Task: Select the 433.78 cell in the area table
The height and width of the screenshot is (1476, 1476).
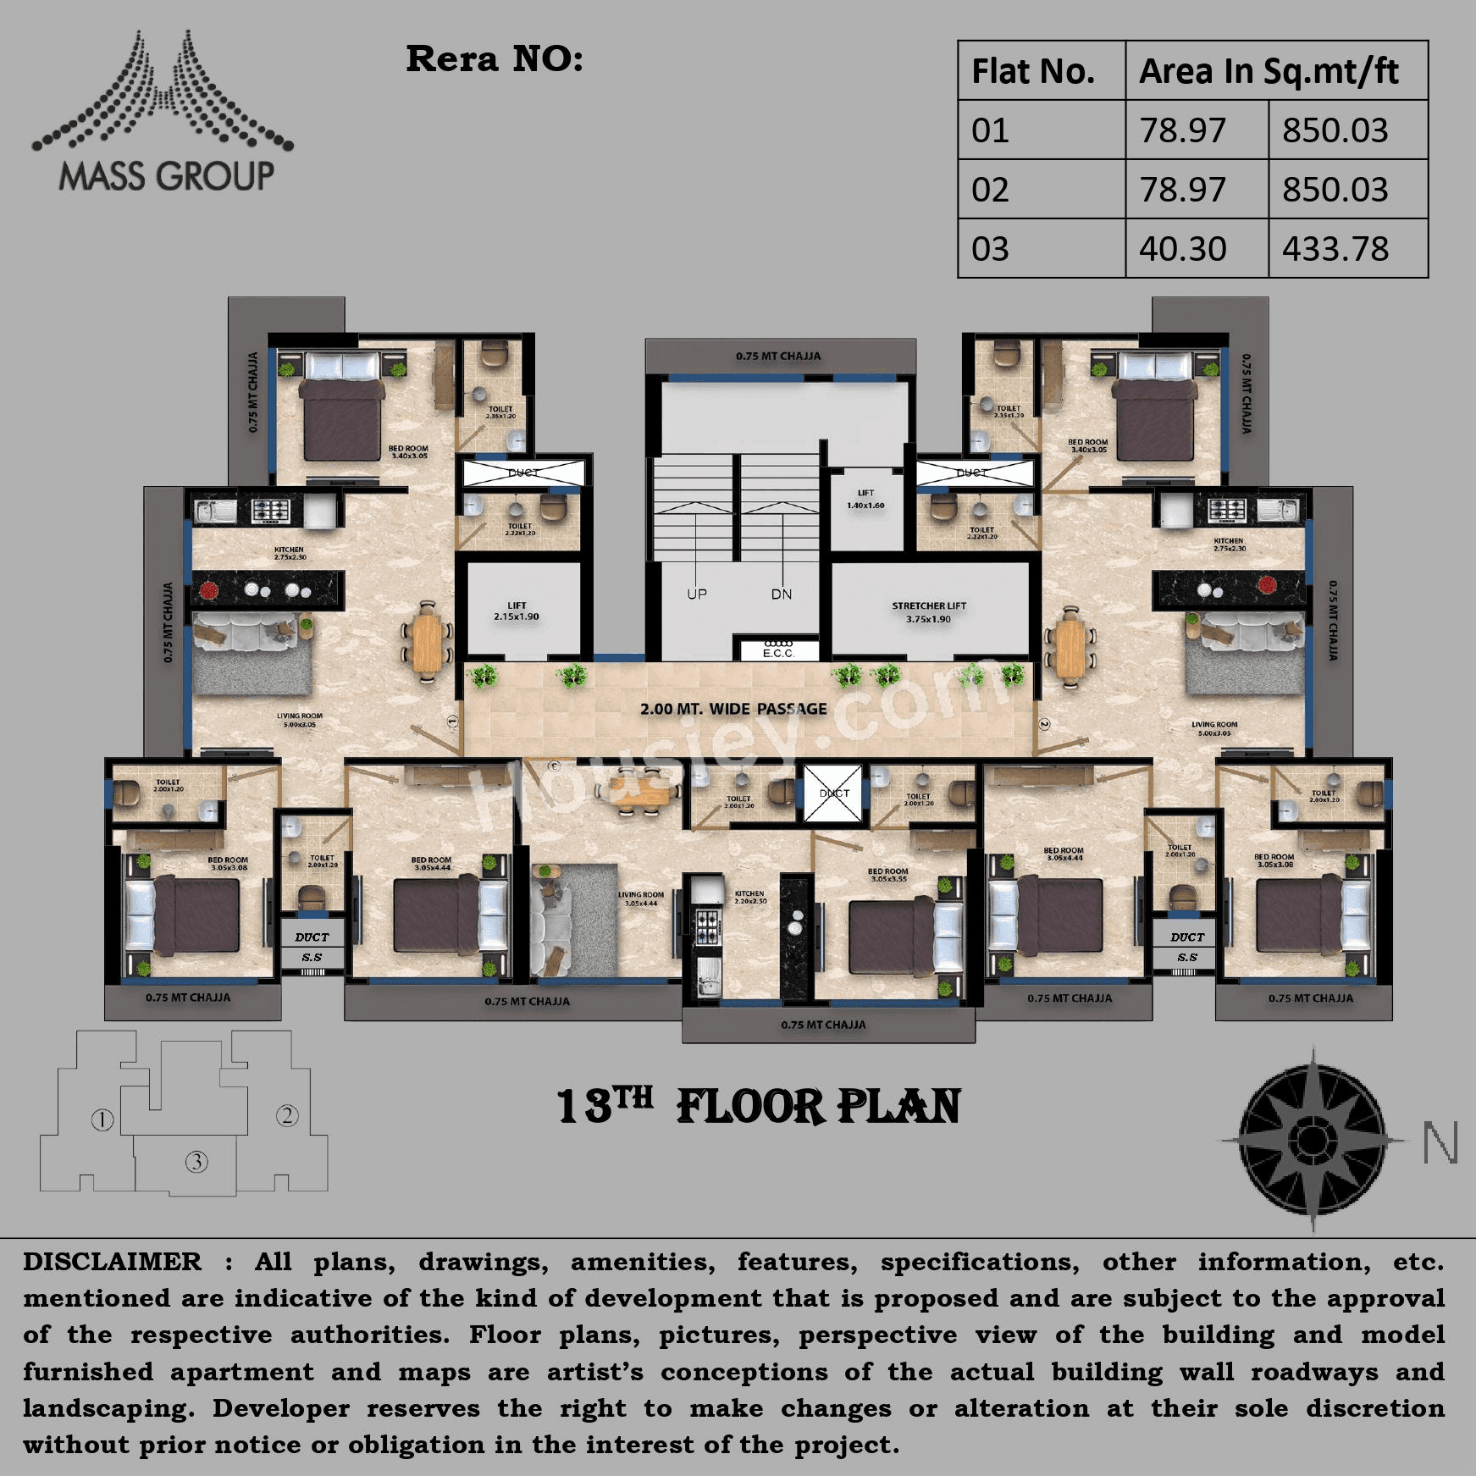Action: pos(1335,249)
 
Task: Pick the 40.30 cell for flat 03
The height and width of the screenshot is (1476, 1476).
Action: pos(1182,249)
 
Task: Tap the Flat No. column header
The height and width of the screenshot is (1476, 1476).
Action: pos(1032,71)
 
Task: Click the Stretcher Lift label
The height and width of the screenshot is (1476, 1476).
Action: pos(928,611)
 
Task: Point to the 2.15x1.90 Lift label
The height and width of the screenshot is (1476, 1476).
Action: pos(517,611)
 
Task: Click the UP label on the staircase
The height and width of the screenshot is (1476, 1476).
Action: pos(696,594)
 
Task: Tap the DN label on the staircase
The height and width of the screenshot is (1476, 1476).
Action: pos(781,594)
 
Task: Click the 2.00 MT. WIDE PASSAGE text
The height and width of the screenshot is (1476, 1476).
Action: pos(733,709)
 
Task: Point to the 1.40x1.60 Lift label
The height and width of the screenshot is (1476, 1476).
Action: pos(865,500)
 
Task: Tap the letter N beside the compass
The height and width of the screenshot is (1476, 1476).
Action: pos(1440,1143)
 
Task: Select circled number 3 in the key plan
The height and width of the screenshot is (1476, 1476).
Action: pos(196,1161)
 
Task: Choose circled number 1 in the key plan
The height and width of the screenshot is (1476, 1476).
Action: pos(102,1119)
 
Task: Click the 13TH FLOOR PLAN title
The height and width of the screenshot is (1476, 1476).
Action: pos(758,1106)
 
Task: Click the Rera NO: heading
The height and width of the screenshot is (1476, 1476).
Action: pos(495,59)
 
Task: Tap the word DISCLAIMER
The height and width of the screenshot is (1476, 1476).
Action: pos(112,1262)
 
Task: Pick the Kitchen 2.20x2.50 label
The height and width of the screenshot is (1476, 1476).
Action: pos(749,897)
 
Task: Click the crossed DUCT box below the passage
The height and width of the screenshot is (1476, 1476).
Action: pos(832,793)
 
